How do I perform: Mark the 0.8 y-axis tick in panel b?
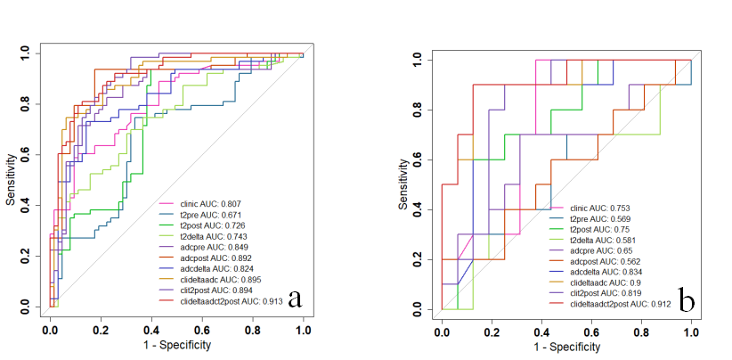coord(419,110)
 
